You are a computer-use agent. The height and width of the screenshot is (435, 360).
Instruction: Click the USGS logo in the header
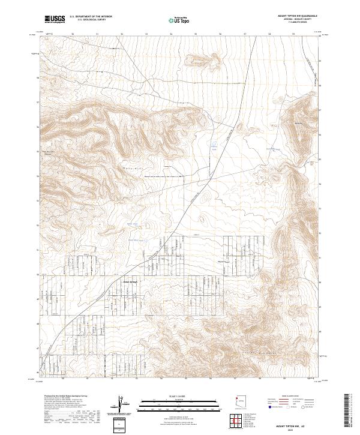point(55,20)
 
